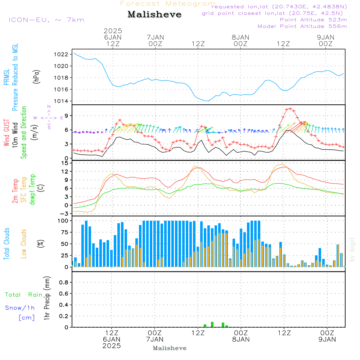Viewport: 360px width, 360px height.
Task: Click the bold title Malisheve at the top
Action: click(154, 15)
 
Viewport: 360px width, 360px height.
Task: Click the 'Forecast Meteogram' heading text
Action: click(168, 4)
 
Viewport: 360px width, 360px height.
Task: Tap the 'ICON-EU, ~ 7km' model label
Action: click(46, 20)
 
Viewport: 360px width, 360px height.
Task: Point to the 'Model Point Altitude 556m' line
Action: click(302, 26)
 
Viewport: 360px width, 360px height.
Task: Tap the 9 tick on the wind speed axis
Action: click(66, 116)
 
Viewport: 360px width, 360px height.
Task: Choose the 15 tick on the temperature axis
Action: click(65, 163)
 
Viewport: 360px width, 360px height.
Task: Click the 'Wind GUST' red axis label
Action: click(7, 133)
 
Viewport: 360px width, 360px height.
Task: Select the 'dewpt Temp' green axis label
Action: click(33, 189)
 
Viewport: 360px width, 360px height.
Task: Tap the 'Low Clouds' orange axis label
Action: click(24, 243)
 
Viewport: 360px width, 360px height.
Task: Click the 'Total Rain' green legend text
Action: click(23, 295)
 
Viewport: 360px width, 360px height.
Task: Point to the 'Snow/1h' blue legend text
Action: click(20, 308)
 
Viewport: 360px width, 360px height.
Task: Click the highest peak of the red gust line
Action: click(290, 108)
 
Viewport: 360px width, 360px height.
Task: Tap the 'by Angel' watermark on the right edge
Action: click(352, 249)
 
